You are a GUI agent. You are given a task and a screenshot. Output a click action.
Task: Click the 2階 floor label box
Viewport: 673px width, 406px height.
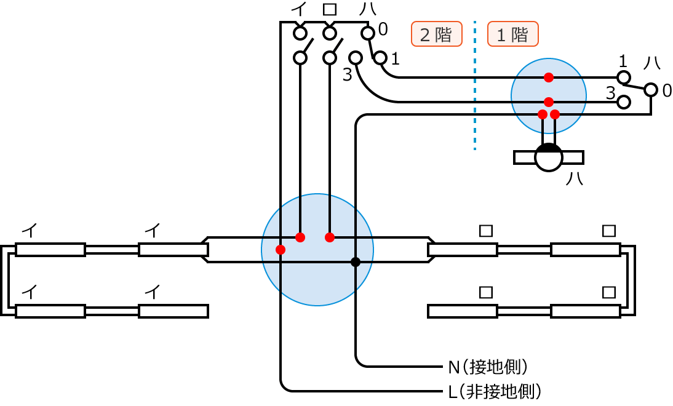(436, 34)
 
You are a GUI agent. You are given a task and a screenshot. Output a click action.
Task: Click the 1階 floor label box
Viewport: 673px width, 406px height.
(512, 34)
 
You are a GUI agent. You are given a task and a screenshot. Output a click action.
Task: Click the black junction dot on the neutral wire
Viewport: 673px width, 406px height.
(356, 262)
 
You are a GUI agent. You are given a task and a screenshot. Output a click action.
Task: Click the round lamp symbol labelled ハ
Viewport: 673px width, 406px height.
(549, 157)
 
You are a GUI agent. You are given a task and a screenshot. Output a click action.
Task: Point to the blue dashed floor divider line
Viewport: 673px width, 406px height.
(475, 86)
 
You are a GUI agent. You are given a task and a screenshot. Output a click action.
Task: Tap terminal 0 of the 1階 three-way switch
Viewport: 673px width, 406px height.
(651, 90)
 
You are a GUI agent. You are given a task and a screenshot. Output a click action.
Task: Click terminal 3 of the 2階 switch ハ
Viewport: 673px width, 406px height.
(355, 57)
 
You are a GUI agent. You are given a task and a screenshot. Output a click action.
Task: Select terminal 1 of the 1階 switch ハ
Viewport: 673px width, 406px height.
(624, 77)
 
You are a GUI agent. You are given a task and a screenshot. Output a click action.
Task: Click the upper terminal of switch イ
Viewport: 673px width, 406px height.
(300, 32)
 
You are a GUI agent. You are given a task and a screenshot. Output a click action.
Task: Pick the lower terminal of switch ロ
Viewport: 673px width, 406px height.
(330, 58)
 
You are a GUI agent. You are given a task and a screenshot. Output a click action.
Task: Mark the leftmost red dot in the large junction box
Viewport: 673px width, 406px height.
(281, 250)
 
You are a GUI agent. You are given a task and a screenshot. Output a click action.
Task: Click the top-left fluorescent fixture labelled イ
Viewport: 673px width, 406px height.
(50, 250)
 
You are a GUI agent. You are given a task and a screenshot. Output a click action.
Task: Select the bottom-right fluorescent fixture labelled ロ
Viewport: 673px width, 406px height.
(585, 311)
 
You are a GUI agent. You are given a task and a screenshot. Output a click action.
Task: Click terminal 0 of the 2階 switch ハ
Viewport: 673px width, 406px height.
(367, 32)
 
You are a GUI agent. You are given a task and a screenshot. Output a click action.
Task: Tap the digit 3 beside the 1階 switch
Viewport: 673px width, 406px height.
(610, 93)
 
